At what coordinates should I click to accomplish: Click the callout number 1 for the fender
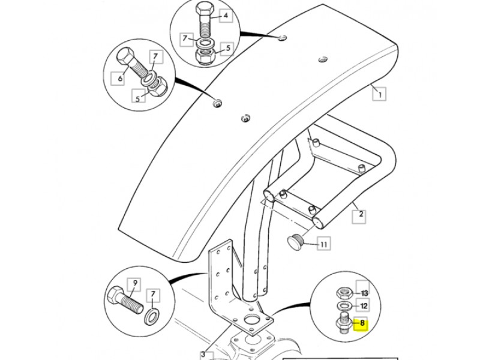point(379,94)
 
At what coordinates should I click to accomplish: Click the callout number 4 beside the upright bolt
point(226,16)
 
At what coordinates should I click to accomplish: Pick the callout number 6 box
point(118,79)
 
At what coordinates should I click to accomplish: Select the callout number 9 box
point(134,284)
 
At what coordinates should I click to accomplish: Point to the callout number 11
point(323,244)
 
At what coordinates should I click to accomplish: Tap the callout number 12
point(363,305)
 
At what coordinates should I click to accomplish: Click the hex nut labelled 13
point(344,293)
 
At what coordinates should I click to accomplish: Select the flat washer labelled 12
point(344,305)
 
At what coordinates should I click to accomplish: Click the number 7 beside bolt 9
point(153,295)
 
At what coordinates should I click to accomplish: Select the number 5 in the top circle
point(227,49)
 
